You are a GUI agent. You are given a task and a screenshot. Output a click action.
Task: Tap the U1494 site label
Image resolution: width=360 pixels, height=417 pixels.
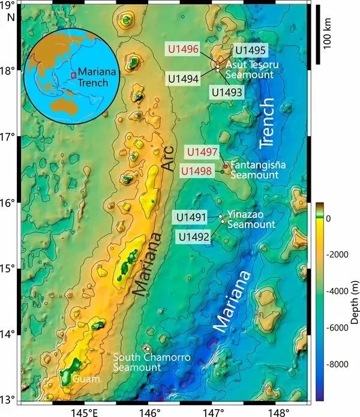click(184, 78)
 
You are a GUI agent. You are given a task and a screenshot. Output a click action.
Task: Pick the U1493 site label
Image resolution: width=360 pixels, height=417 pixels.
click(226, 92)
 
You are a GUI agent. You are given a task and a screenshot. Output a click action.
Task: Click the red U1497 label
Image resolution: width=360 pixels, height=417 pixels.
click(201, 152)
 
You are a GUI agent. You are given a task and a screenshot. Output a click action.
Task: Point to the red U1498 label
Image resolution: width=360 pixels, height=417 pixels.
click(196, 172)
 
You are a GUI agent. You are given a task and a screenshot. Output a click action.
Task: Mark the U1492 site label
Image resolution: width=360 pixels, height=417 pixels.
click(193, 237)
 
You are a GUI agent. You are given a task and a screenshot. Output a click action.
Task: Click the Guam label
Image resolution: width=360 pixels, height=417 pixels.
click(82, 379)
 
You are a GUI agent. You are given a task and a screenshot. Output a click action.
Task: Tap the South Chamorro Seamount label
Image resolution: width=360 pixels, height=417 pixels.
click(152, 362)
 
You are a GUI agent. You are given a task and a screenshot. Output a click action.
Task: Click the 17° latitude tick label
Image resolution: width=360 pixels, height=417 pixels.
click(10, 137)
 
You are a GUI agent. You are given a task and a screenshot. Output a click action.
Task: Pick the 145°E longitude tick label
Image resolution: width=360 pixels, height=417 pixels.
click(83, 411)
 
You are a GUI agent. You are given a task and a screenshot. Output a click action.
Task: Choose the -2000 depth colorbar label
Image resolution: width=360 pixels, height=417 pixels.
click(340, 254)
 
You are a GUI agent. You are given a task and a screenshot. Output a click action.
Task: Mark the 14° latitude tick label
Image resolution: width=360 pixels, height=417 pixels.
click(10, 334)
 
